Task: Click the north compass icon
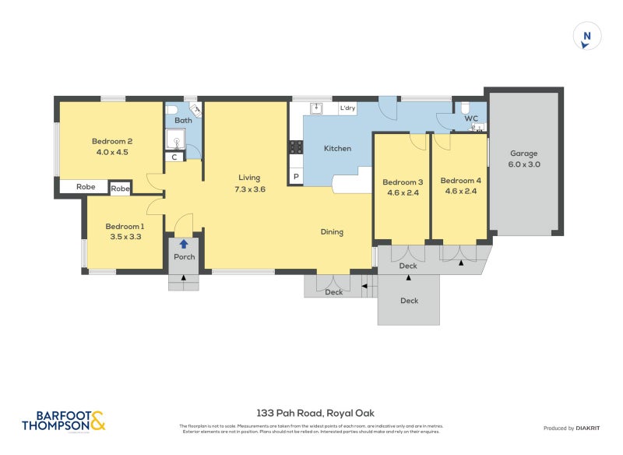click(x=587, y=37)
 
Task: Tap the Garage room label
click(x=524, y=153)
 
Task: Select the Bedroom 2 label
click(x=111, y=141)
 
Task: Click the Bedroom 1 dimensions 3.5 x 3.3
click(x=125, y=237)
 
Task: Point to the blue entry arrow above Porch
click(x=184, y=244)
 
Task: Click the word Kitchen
click(x=337, y=148)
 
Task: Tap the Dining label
click(x=332, y=231)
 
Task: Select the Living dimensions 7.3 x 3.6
click(x=249, y=189)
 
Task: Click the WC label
click(x=471, y=118)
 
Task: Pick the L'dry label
click(x=347, y=108)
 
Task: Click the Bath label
click(x=183, y=121)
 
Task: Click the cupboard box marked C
click(x=174, y=157)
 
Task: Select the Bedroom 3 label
click(x=402, y=182)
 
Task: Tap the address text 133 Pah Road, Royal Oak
click(x=309, y=414)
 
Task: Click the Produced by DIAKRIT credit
click(x=569, y=429)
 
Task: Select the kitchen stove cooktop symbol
click(x=297, y=146)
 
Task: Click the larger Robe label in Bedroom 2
click(x=86, y=187)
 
